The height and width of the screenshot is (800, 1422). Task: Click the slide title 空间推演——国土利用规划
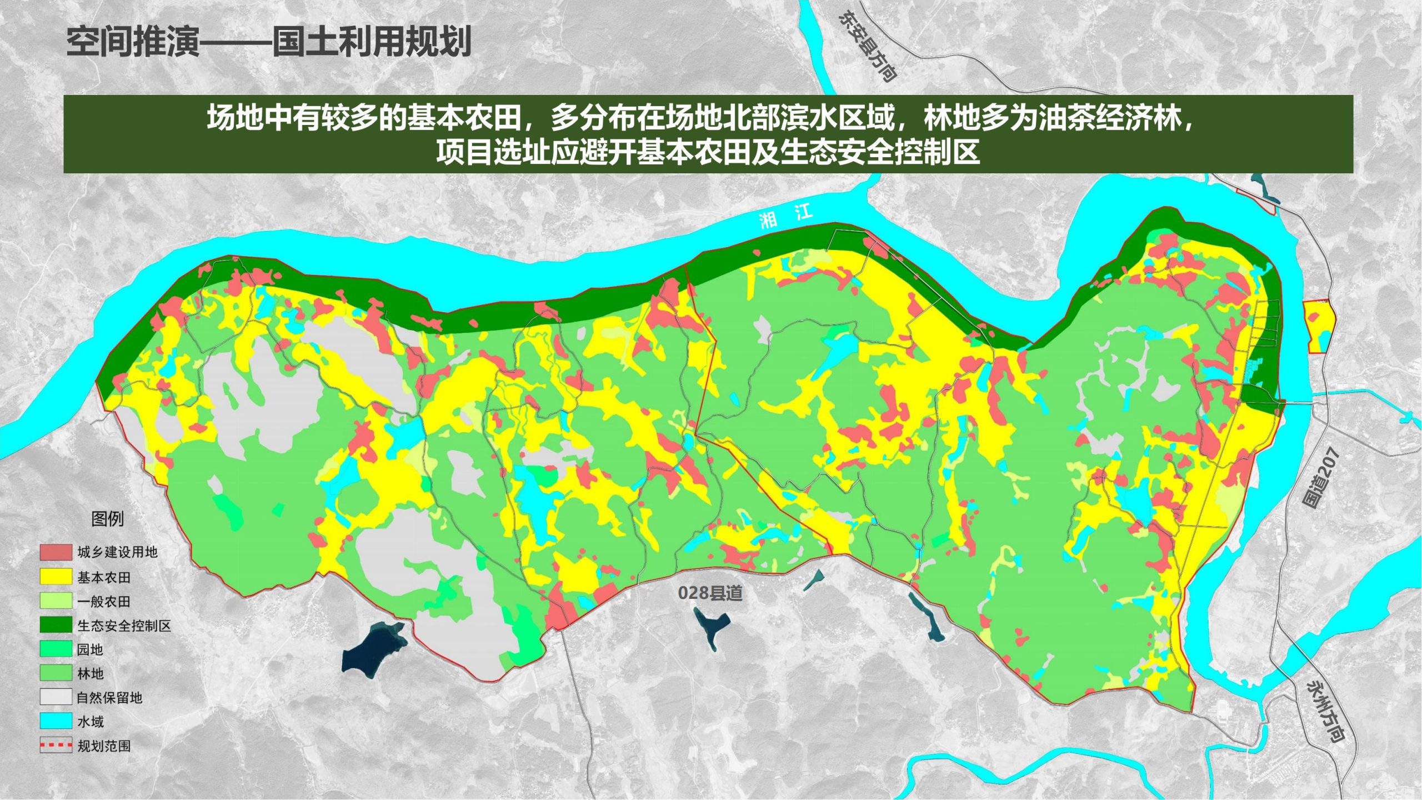click(x=269, y=42)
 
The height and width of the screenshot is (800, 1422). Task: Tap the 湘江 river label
click(x=785, y=216)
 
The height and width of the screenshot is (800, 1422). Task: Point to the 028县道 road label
click(x=710, y=593)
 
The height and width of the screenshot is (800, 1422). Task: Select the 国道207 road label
click(x=1321, y=478)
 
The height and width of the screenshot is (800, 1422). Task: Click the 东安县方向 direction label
click(x=867, y=47)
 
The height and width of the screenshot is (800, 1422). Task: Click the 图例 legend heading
click(x=107, y=519)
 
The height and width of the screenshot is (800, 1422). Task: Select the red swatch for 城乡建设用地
click(x=56, y=552)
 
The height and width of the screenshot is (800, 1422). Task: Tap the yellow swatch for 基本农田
click(x=56, y=577)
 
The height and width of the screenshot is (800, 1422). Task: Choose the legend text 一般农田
click(x=104, y=601)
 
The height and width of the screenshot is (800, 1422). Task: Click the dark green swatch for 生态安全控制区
click(x=56, y=625)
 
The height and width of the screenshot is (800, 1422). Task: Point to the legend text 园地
click(x=90, y=649)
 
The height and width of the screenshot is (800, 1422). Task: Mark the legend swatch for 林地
click(x=56, y=673)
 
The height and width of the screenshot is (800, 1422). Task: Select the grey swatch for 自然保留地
click(x=56, y=697)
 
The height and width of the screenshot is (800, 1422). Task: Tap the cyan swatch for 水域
click(x=56, y=721)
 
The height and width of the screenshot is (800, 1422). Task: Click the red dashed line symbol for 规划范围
click(x=56, y=745)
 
